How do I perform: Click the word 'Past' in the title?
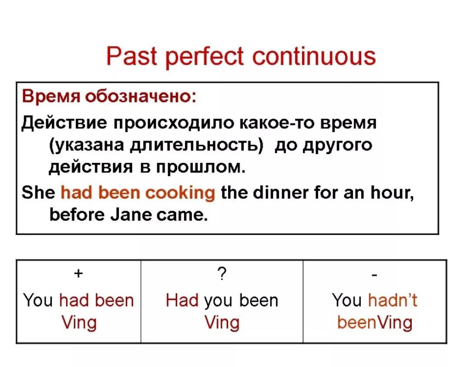coord(131,56)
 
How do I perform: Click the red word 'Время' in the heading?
coord(51,97)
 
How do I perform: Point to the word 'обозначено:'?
coord(141,97)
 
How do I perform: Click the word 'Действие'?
coord(64,123)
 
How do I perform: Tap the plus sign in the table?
coord(78,273)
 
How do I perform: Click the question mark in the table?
coord(222,273)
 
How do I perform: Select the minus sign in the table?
coord(374,275)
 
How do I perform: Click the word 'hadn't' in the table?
coord(393,300)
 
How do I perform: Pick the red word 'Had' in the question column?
coord(182,300)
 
